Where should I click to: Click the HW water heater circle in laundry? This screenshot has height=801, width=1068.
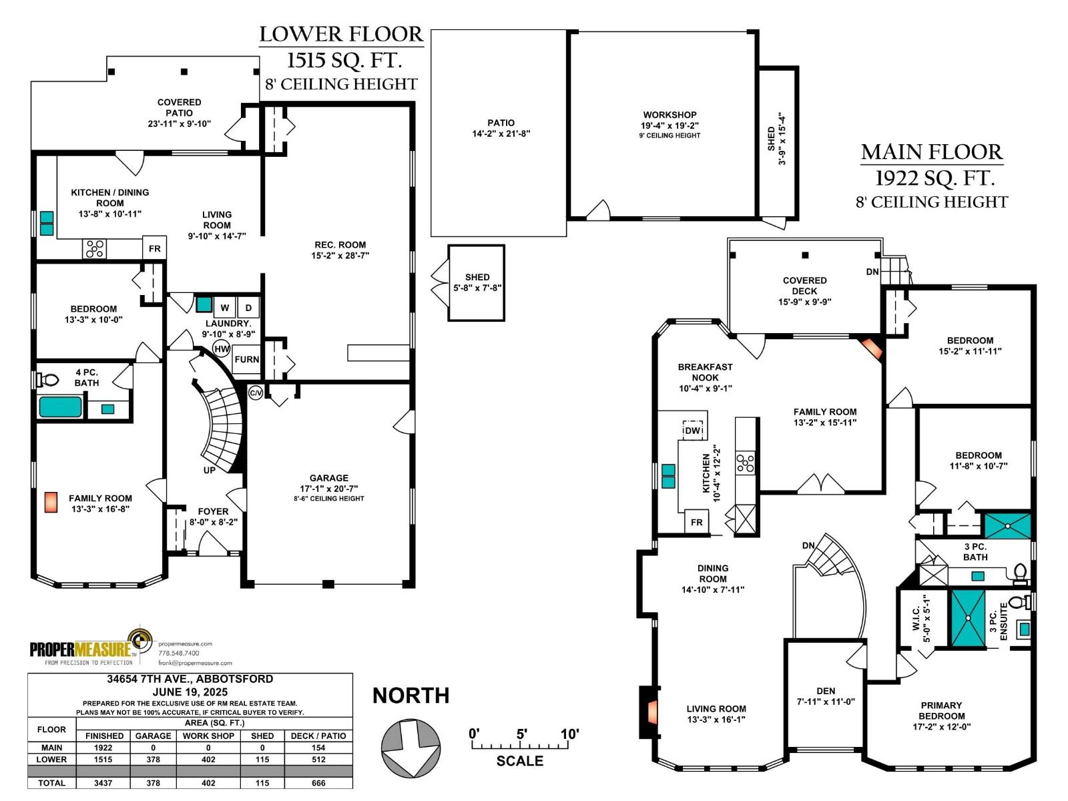tap(222, 349)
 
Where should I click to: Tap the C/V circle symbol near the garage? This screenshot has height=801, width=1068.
tap(256, 392)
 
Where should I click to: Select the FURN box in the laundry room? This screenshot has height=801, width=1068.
tap(246, 360)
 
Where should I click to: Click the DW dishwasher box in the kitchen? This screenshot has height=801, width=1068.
tap(693, 431)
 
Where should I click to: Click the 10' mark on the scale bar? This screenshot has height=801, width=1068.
tap(569, 735)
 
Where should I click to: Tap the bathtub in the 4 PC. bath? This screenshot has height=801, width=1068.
tap(61, 407)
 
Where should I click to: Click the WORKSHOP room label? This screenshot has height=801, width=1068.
tap(670, 115)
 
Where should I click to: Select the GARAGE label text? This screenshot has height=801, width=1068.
tap(328, 478)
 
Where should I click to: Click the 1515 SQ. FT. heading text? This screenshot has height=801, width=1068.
tap(344, 60)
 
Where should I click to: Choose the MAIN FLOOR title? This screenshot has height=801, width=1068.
tap(932, 152)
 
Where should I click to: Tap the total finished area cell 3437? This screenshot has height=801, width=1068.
tap(103, 783)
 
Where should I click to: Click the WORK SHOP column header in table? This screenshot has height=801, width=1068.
tap(208, 736)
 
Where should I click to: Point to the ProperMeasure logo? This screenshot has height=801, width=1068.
tap(90, 647)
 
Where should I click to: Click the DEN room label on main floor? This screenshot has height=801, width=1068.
tap(826, 691)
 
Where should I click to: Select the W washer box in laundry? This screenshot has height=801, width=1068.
tap(225, 308)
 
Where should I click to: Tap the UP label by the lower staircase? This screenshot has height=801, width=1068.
tap(210, 470)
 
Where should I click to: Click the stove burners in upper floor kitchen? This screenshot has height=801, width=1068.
tap(745, 463)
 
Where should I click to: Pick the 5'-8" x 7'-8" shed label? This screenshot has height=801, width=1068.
tap(477, 288)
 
